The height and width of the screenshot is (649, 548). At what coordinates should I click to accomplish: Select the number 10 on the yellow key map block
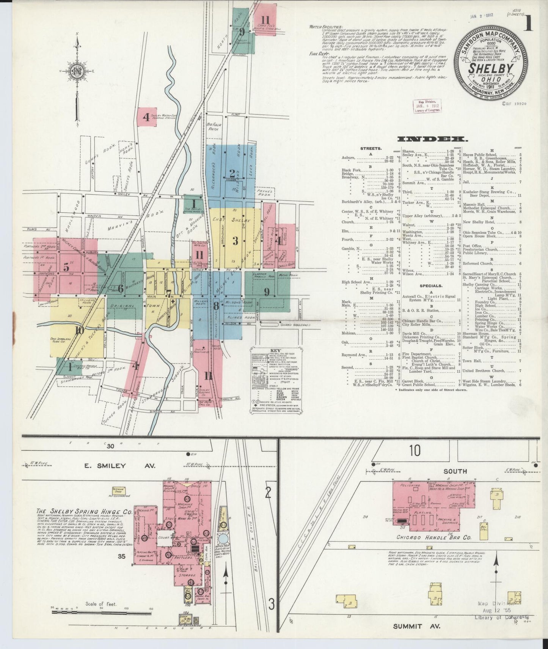(79, 330)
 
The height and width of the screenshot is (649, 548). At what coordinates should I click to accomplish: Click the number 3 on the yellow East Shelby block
(235, 241)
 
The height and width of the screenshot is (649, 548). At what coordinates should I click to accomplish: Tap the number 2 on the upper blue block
(232, 173)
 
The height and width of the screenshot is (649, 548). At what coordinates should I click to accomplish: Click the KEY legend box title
(275, 350)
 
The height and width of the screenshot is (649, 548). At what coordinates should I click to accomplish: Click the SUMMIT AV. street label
(416, 626)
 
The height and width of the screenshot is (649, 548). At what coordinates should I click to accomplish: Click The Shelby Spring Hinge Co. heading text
(84, 512)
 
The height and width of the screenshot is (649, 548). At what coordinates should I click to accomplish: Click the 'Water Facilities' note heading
(326, 27)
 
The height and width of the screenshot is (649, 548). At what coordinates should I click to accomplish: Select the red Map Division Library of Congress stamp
(426, 106)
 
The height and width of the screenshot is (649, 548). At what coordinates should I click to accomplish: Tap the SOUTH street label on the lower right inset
(455, 471)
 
